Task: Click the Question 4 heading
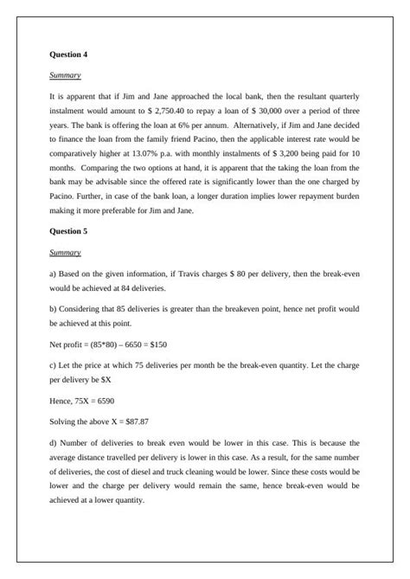click(x=68, y=55)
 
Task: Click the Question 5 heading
click(x=68, y=232)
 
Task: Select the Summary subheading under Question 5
click(x=65, y=253)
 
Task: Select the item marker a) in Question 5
click(x=54, y=273)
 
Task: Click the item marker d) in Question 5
click(x=54, y=442)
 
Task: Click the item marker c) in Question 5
click(x=54, y=365)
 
